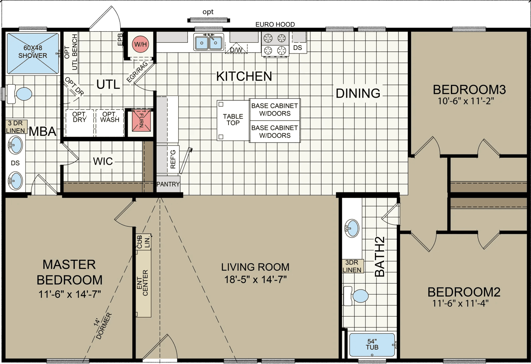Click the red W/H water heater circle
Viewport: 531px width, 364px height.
pyautogui.click(x=140, y=44)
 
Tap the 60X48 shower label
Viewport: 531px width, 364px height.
pyautogui.click(x=33, y=52)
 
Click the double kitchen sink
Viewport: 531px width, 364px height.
pyautogui.click(x=208, y=42)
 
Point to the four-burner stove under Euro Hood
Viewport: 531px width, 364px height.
pyautogui.click(x=275, y=44)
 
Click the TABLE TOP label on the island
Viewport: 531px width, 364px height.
pyautogui.click(x=233, y=120)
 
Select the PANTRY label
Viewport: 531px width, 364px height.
pyautogui.click(x=168, y=184)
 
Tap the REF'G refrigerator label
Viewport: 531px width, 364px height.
pyautogui.click(x=173, y=159)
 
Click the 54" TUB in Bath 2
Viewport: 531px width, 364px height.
pyautogui.click(x=372, y=344)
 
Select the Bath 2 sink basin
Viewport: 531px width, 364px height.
pyautogui.click(x=352, y=228)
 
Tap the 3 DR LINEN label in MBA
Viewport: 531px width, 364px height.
pyautogui.click(x=16, y=127)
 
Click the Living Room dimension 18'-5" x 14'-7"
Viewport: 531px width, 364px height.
pyautogui.click(x=255, y=279)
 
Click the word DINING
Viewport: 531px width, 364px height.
pyautogui.click(x=358, y=93)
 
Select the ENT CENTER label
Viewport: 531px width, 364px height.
pyautogui.click(x=142, y=283)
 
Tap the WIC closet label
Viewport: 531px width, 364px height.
pyautogui.click(x=103, y=161)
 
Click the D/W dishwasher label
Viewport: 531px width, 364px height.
pyautogui.click(x=236, y=50)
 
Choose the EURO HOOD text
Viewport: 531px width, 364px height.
pyautogui.click(x=275, y=24)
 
